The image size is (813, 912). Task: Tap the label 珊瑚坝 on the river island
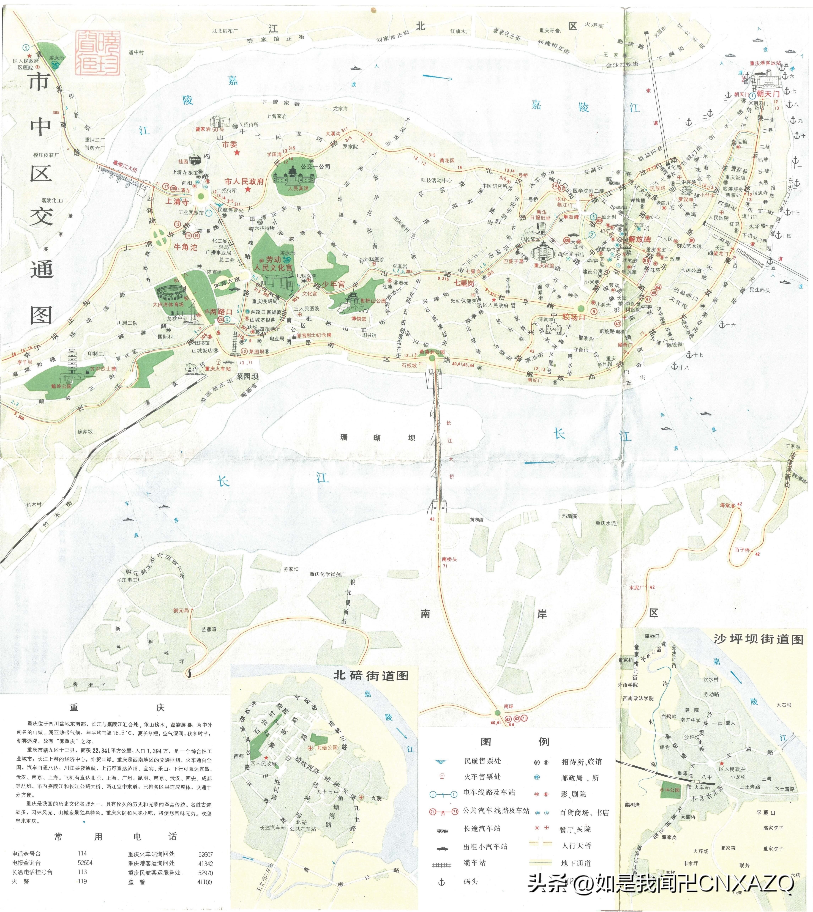(x=377, y=438)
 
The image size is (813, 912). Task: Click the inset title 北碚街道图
(x=371, y=675)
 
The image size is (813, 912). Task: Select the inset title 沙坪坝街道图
(x=759, y=639)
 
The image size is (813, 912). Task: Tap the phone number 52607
(x=206, y=854)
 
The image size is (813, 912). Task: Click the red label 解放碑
(x=640, y=239)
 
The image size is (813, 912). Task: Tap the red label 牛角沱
(x=185, y=247)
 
